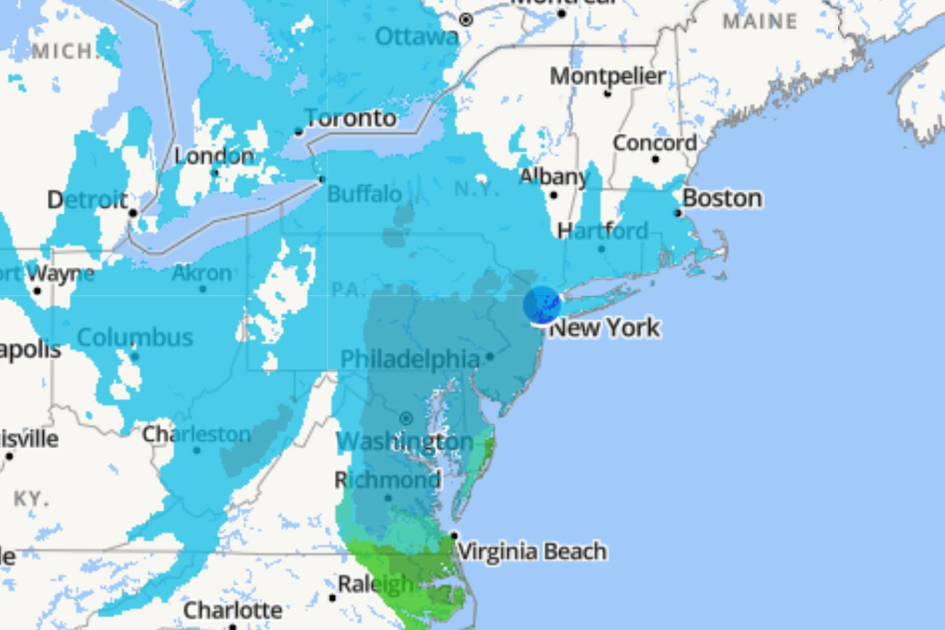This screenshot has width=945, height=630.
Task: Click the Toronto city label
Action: tap(351, 119)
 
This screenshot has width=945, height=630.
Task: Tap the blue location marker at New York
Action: tap(542, 305)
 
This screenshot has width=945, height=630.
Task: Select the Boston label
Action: tap(722, 199)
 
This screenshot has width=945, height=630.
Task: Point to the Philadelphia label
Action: tap(409, 359)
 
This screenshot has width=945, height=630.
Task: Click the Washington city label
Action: tap(405, 441)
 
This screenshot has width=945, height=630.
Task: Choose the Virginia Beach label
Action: tap(531, 551)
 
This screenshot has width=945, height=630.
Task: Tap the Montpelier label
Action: tap(608, 76)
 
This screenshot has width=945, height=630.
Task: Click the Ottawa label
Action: tap(416, 36)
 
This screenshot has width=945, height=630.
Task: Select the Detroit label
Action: tap(87, 200)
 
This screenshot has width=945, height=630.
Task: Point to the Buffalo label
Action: tap(364, 195)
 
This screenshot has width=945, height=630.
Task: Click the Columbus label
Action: tap(135, 338)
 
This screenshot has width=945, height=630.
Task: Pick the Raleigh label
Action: tap(376, 584)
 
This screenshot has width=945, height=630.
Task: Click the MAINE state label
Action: tap(759, 22)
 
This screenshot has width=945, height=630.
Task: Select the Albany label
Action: tap(553, 177)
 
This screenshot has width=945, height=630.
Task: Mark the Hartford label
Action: tap(603, 230)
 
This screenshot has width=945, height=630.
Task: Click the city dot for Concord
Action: tap(655, 158)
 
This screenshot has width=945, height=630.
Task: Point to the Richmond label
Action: tap(387, 480)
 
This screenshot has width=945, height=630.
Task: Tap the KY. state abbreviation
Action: tap(31, 499)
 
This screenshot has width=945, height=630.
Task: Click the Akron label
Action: tap(202, 273)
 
